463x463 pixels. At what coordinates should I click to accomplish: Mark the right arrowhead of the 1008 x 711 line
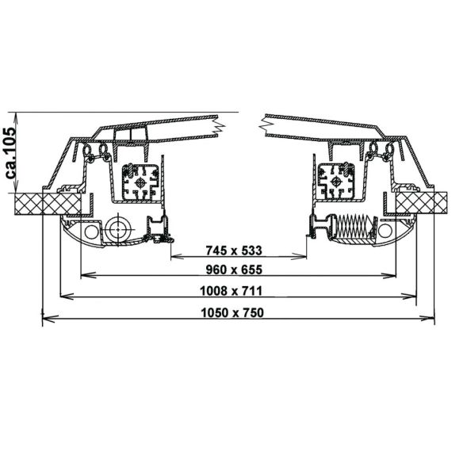[411, 297]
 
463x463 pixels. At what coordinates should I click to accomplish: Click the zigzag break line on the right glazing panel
[262, 124]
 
